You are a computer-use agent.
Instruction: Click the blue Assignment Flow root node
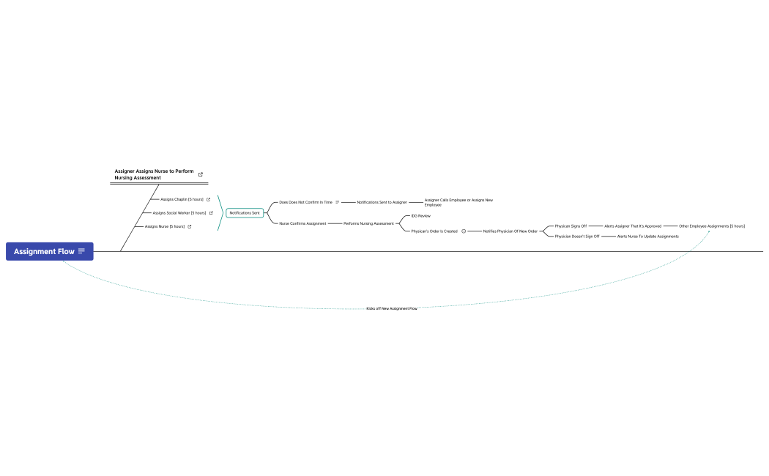point(44,251)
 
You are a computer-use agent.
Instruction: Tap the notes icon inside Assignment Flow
point(81,251)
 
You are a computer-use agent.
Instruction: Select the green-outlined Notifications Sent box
point(245,213)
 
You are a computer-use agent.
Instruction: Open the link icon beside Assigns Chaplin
point(209,199)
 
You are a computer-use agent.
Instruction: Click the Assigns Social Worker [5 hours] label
point(179,213)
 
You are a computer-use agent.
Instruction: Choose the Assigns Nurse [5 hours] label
point(165,226)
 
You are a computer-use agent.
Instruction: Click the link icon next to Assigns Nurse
point(190,226)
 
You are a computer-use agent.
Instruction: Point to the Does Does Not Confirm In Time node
point(305,202)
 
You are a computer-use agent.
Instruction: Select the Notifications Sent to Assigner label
point(382,202)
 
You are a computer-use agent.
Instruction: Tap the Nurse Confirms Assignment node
point(302,223)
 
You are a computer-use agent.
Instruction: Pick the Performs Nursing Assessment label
point(368,223)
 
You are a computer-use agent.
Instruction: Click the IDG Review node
point(421,216)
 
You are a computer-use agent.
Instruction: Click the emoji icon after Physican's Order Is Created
point(464,231)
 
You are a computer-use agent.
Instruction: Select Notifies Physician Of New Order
point(510,231)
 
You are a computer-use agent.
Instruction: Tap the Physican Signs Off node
point(571,226)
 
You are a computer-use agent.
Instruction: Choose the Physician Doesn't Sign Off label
point(577,237)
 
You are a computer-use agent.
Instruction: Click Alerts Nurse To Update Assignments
point(648,237)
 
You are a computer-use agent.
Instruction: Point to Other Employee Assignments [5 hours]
point(712,226)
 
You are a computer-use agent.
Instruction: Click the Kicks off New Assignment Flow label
point(392,309)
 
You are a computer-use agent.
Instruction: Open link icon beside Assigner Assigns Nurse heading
point(201,174)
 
